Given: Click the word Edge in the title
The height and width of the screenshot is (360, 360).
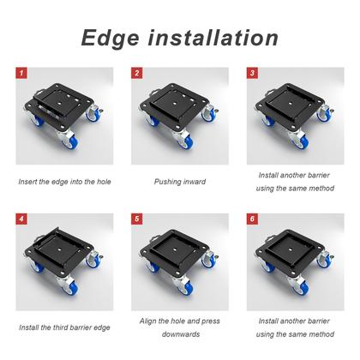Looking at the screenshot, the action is coord(111,39).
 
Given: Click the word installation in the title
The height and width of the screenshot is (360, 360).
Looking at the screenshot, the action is coord(213,38).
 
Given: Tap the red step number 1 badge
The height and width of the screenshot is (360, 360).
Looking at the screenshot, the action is coord(21,73).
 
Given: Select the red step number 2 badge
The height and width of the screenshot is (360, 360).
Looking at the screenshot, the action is coord(137,73).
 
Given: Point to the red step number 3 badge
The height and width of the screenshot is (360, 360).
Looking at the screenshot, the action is coord(252,73).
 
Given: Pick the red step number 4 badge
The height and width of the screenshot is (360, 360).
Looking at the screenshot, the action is coord(21,219).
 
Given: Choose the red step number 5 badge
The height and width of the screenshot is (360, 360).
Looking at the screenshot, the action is coord(137,219).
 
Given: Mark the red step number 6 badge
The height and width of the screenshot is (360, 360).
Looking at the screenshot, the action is coord(252,219).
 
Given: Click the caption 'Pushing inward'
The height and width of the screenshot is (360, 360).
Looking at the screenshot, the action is coord(180,182).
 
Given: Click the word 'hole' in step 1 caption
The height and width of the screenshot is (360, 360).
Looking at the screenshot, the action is coord(104,182).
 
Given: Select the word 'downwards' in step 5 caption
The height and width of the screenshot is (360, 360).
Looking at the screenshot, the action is coord(181,334).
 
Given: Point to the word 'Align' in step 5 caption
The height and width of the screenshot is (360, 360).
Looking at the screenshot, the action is coord(147,321).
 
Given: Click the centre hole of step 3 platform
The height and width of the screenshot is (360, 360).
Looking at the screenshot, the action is coord(291,104).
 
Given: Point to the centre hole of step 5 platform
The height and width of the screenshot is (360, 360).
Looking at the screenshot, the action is coord(175,249).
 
